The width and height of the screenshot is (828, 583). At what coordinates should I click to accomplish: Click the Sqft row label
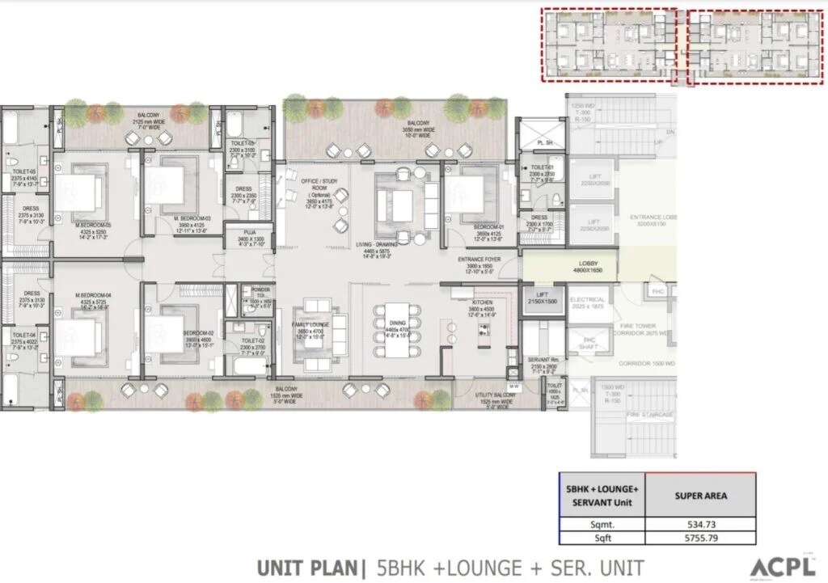(x=599, y=538)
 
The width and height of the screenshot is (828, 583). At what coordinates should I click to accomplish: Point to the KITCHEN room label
(x=482, y=303)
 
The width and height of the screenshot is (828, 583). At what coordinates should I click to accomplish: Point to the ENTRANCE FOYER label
(x=480, y=260)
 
